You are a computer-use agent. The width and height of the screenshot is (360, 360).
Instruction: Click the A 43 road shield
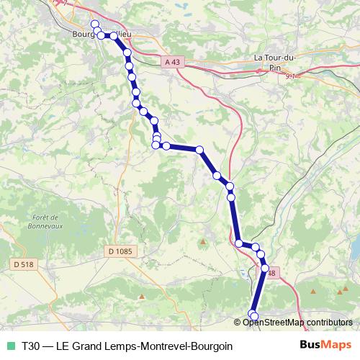[x=171, y=63]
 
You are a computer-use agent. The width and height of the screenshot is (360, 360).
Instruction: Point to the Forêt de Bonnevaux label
[x=50, y=222]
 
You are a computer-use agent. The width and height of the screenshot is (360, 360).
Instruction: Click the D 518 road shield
[x=24, y=264]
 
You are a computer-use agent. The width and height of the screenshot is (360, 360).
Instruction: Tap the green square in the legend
[x=10, y=346]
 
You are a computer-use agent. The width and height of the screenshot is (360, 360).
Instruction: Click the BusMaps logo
[x=326, y=346]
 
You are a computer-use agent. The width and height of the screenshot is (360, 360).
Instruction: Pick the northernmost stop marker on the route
[x=94, y=24]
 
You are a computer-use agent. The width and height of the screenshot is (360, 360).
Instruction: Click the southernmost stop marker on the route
[x=253, y=316]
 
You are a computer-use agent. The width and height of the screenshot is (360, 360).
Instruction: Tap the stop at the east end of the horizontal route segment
[x=200, y=150]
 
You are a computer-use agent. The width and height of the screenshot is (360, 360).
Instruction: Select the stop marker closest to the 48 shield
[x=265, y=269]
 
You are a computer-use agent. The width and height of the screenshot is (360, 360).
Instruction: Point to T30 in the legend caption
[x=31, y=346]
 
